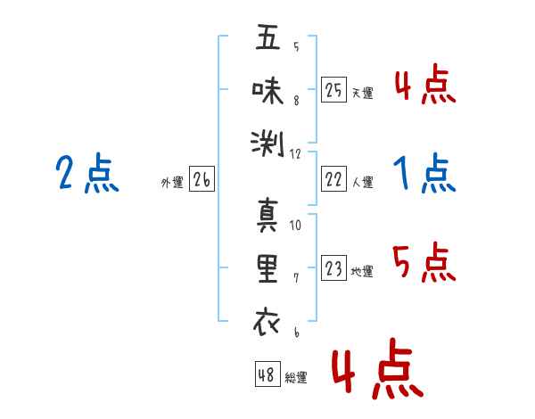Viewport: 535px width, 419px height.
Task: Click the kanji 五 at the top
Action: coord(267,37)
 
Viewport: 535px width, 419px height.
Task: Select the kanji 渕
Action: coord(267,144)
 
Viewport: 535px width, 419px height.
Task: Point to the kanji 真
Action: coord(267,215)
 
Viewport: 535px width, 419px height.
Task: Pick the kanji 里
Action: coord(267,268)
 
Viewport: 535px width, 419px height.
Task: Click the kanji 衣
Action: coord(267,321)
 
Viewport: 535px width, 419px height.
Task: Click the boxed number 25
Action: coord(333,90)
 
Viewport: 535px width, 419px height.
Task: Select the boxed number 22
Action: coord(333,179)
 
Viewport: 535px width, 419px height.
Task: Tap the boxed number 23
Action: coord(333,267)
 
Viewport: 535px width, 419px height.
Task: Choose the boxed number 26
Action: coord(202,179)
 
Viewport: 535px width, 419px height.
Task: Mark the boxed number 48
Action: coord(267,374)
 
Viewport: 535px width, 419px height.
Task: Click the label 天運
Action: coord(362,93)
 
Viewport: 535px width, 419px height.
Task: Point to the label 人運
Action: coord(362,182)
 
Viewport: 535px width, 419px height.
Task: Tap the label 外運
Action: coord(172,183)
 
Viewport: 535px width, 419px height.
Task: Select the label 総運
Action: coord(296,377)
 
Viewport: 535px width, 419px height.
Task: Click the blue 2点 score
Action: coord(87,173)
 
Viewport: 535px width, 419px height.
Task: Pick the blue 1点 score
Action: coord(424,173)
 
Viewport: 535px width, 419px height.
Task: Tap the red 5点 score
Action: coord(424,262)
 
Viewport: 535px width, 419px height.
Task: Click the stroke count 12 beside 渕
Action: coord(295,154)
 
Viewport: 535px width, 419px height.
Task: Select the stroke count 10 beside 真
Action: coord(295,226)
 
